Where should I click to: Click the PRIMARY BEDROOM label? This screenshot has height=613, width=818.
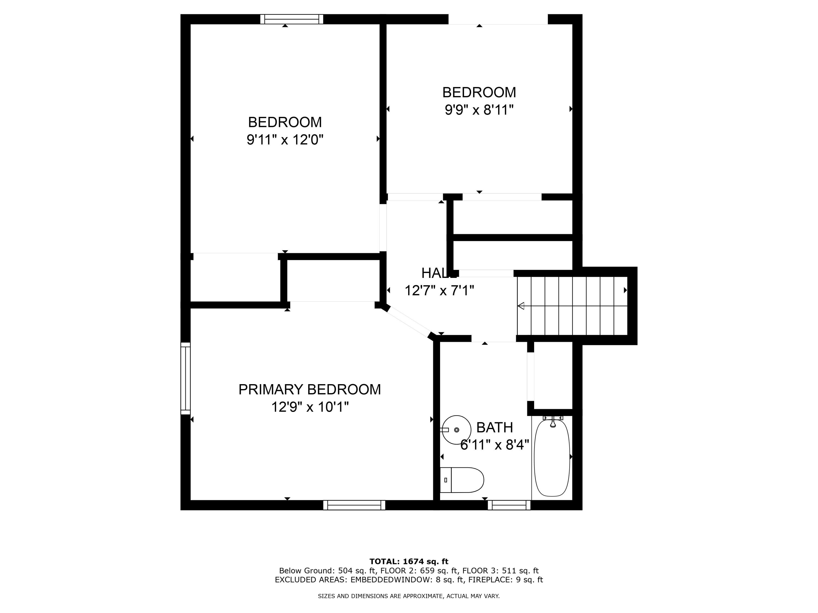(309, 389)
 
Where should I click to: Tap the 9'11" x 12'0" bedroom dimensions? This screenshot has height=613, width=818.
(285, 140)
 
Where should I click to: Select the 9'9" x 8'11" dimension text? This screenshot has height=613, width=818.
(479, 110)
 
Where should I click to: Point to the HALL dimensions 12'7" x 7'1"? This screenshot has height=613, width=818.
(439, 290)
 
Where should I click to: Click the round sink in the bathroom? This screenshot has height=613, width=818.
(456, 430)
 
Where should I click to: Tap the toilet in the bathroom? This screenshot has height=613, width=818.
(462, 480)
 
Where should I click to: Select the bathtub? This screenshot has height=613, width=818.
(552, 457)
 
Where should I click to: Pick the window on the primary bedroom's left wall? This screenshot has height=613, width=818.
(185, 378)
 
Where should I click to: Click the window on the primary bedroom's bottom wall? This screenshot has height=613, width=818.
(354, 505)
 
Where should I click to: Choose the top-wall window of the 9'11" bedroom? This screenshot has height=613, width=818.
(292, 19)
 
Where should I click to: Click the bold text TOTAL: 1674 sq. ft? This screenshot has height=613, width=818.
(409, 562)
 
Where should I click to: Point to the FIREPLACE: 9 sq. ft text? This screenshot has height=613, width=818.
(506, 579)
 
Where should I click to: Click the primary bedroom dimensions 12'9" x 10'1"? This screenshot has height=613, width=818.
(310, 407)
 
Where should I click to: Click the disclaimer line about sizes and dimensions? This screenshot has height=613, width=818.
(409, 596)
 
